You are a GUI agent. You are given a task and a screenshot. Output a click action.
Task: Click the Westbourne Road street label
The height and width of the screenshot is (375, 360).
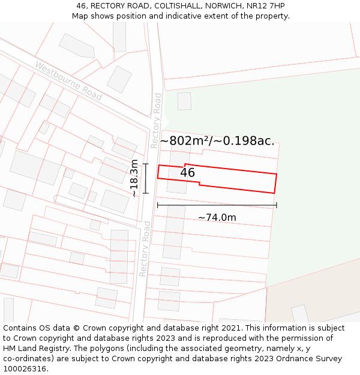click(x=68, y=80)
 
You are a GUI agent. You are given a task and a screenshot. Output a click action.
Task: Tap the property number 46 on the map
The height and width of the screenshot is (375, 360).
click(x=188, y=173)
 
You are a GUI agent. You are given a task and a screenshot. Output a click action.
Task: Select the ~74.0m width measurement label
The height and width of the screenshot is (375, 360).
click(x=217, y=217)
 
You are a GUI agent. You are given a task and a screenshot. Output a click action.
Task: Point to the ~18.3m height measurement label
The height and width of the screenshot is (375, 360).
click(x=134, y=178)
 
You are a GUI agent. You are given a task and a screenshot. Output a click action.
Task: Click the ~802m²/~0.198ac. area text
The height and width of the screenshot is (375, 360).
click(x=217, y=141)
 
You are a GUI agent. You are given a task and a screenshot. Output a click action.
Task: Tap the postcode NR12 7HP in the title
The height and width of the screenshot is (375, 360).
click(x=265, y=6)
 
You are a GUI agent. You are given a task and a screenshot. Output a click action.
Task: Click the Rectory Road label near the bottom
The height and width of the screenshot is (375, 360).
click(x=145, y=248)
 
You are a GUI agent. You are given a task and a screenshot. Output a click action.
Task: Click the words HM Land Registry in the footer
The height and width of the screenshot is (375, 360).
click(x=38, y=349)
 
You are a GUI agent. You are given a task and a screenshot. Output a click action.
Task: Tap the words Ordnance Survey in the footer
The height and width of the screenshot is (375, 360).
click(x=311, y=359)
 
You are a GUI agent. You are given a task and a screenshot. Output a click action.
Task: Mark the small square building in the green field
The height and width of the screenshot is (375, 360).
click(x=184, y=101)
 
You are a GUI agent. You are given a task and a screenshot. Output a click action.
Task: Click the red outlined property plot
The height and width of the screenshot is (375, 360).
click(x=240, y=179)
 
